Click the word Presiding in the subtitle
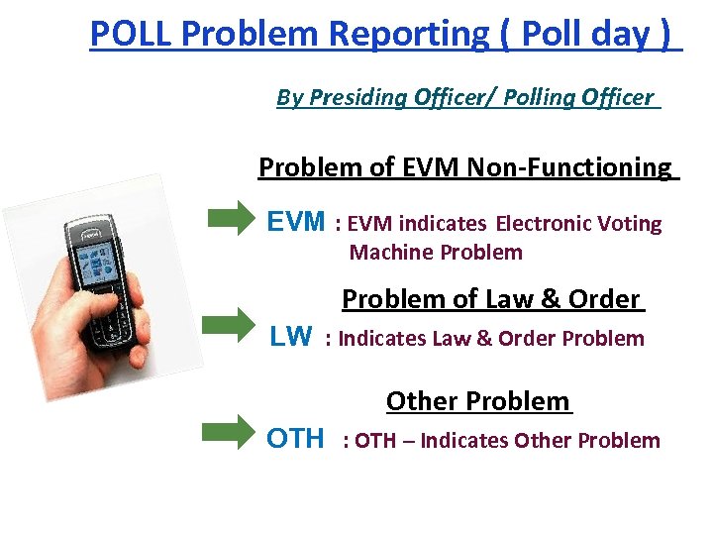358,97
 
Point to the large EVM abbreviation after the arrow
296,222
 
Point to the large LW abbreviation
290,337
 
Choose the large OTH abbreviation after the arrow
295,438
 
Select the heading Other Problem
478,401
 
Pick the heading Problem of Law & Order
491,299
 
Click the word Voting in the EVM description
631,224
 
